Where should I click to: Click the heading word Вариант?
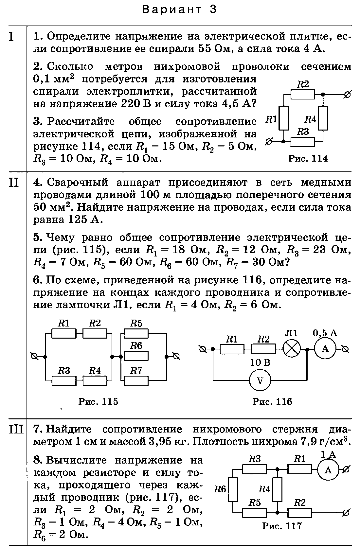(172, 9)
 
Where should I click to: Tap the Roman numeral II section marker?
(14, 183)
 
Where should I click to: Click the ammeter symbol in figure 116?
(325, 349)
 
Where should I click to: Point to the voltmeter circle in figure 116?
(260, 380)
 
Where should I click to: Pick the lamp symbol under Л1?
(292, 349)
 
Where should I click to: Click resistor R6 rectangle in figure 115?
(136, 356)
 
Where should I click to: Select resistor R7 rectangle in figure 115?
(136, 381)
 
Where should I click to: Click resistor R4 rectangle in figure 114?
(323, 118)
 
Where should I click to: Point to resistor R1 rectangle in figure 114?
(284, 118)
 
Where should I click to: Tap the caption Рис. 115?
(98, 401)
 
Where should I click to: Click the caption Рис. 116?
(272, 401)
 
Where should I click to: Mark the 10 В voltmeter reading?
(260, 363)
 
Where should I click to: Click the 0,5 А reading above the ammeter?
(325, 333)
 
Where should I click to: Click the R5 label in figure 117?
(255, 502)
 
